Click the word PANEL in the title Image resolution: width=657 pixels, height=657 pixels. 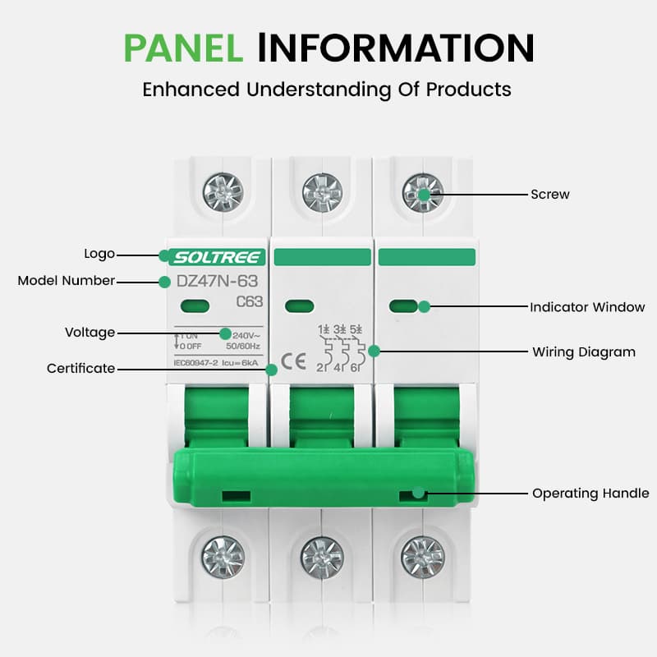coord(183,47)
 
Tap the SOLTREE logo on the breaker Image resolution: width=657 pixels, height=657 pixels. coord(218,257)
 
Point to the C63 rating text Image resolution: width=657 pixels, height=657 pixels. coord(249,301)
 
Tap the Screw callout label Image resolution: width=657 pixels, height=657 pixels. coord(549,195)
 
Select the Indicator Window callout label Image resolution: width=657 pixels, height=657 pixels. coord(587,307)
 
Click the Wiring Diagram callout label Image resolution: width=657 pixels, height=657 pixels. coord(584,352)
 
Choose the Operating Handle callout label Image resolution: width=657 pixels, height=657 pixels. coord(590,494)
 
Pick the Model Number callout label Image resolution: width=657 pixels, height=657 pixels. coord(67,281)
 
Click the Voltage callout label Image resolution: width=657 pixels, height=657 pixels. coord(90,333)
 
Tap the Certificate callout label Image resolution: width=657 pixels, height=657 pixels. coord(80,369)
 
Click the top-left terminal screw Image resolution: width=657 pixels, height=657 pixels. coord(222,192)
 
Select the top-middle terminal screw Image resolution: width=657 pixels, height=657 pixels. coord(322,192)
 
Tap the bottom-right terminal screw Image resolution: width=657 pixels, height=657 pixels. coord(422,556)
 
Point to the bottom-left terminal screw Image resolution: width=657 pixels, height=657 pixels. coord(223,556)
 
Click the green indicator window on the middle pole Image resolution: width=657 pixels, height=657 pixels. coord(299,307)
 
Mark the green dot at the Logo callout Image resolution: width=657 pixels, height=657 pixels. coord(164,255)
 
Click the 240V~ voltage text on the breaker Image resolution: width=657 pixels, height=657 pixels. coord(247,334)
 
